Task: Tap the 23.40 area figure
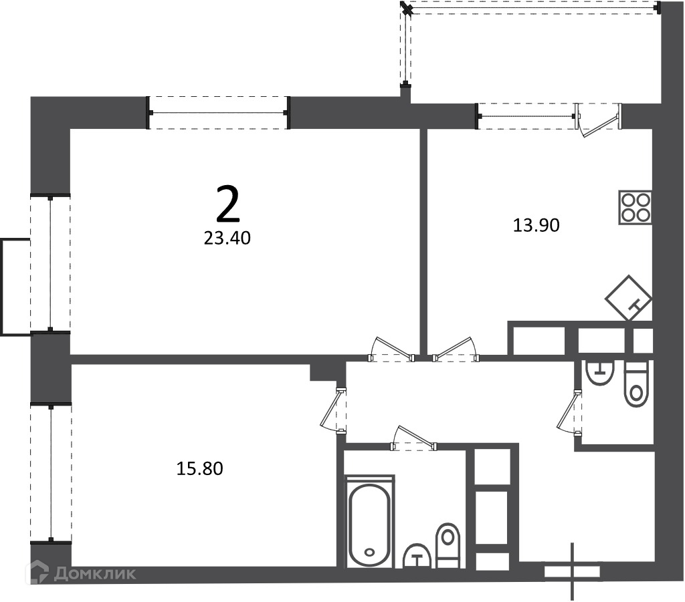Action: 227,238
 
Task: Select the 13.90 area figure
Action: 536,226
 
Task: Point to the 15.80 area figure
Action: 199,468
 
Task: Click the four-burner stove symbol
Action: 635,208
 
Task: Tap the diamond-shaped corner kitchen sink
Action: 629,298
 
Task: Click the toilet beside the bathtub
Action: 448,545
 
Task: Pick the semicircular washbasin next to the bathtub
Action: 417,556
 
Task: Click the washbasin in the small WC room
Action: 601,373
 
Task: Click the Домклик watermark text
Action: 95,573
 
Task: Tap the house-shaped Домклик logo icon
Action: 37,573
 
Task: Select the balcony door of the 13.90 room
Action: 598,120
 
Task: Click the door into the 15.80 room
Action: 333,410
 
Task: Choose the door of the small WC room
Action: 569,412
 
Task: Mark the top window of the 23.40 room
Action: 217,112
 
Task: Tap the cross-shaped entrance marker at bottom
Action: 573,571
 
